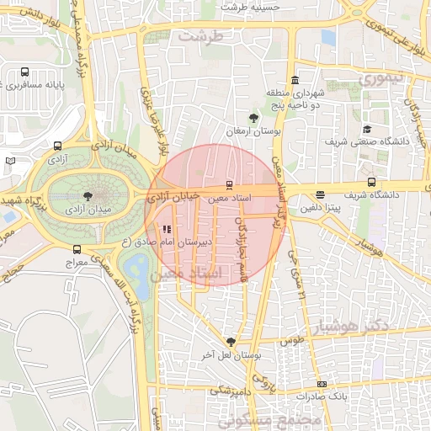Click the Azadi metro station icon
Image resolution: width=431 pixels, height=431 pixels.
(x=57, y=146)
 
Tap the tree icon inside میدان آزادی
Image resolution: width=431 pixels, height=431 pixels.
(x=88, y=197)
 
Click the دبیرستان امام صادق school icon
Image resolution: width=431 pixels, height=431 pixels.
(x=167, y=229)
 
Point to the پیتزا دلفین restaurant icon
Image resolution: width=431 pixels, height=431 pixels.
(x=320, y=195)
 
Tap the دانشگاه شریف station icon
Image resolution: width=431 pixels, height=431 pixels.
(x=371, y=183)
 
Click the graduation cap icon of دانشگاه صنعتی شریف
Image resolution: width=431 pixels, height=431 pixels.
(x=368, y=129)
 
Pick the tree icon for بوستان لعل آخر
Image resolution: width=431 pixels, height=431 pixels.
(x=231, y=341)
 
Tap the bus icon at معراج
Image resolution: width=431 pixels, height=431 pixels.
(x=77, y=249)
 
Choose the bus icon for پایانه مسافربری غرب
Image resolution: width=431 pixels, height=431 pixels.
(x=24, y=72)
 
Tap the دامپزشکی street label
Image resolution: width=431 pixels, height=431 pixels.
(x=228, y=391)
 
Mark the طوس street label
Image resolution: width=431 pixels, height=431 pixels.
(x=291, y=341)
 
